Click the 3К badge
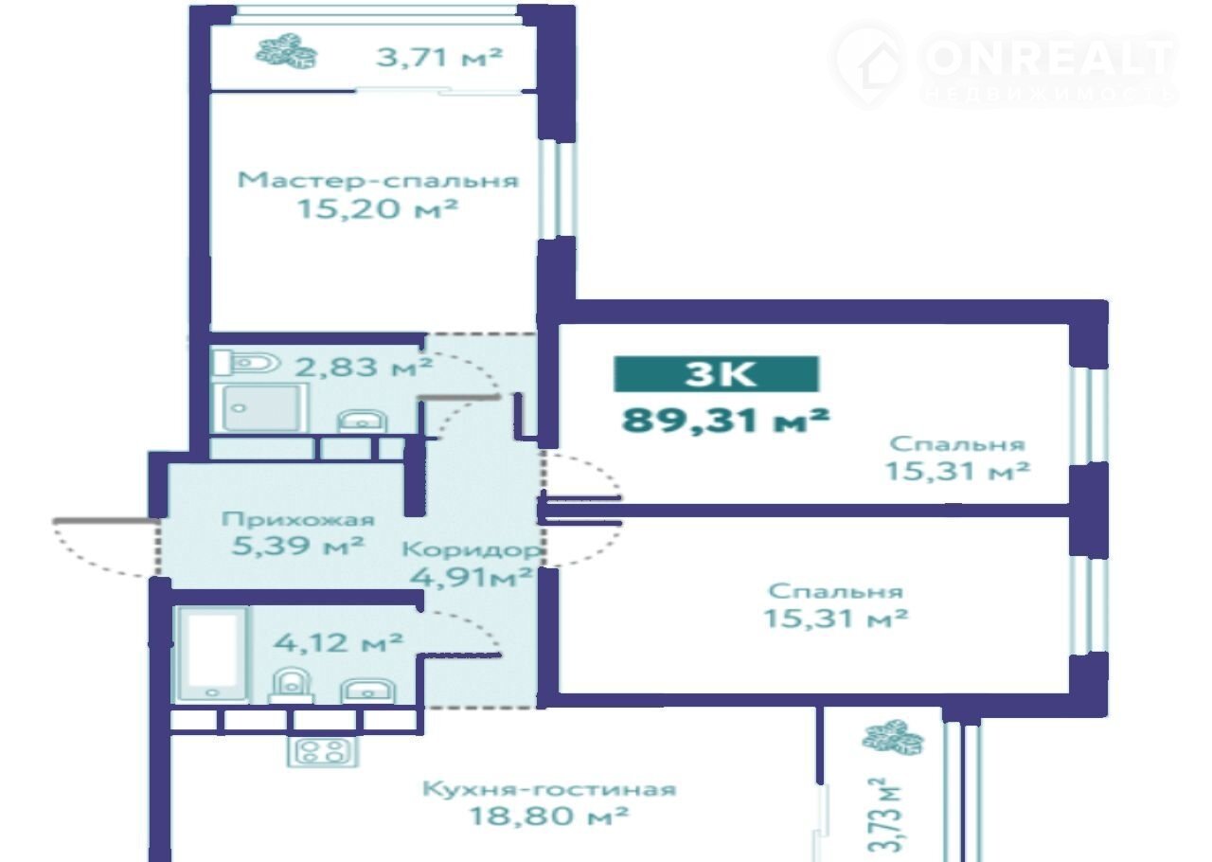[x=716, y=373]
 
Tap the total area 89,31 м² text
[x=725, y=421]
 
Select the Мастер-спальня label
[x=378, y=180]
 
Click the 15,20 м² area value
[x=378, y=208]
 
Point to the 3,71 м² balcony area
[x=438, y=56]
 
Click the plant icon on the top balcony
[x=286, y=51]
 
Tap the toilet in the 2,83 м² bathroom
[x=247, y=363]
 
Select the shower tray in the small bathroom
[x=259, y=407]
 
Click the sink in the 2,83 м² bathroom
[x=362, y=422]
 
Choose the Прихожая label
[x=297, y=519]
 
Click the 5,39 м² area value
[x=297, y=546]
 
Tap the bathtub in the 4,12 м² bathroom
[x=212, y=655]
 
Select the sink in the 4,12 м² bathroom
[x=367, y=691]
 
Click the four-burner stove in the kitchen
[x=323, y=751]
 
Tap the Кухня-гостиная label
[x=549, y=789]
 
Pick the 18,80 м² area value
[x=548, y=816]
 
